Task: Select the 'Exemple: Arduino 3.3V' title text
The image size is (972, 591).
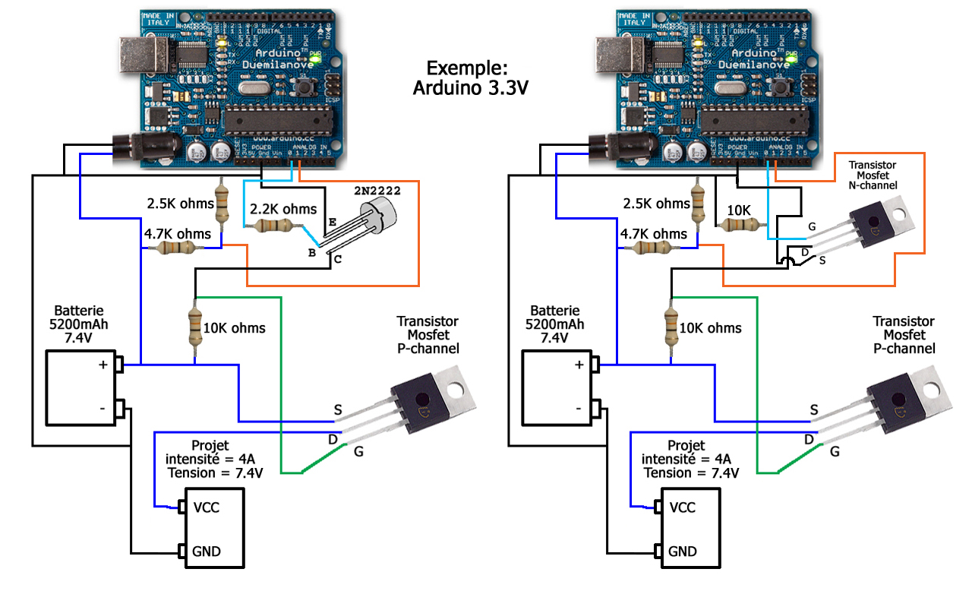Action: coord(470,77)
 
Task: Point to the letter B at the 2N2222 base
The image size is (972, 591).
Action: coord(311,252)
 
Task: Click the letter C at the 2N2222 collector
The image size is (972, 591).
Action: coord(337,259)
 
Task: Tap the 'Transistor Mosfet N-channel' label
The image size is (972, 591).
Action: coord(873,175)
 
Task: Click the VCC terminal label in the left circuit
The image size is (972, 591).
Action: coord(207,507)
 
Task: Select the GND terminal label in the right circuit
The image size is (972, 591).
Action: coord(683,551)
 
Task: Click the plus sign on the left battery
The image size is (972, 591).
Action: coord(102,365)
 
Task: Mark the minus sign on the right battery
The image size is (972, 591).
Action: coord(579,409)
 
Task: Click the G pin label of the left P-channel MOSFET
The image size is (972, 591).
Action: coord(358,452)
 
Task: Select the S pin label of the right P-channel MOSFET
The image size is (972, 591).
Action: coord(814,410)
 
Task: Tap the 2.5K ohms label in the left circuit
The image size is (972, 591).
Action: coord(179,204)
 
